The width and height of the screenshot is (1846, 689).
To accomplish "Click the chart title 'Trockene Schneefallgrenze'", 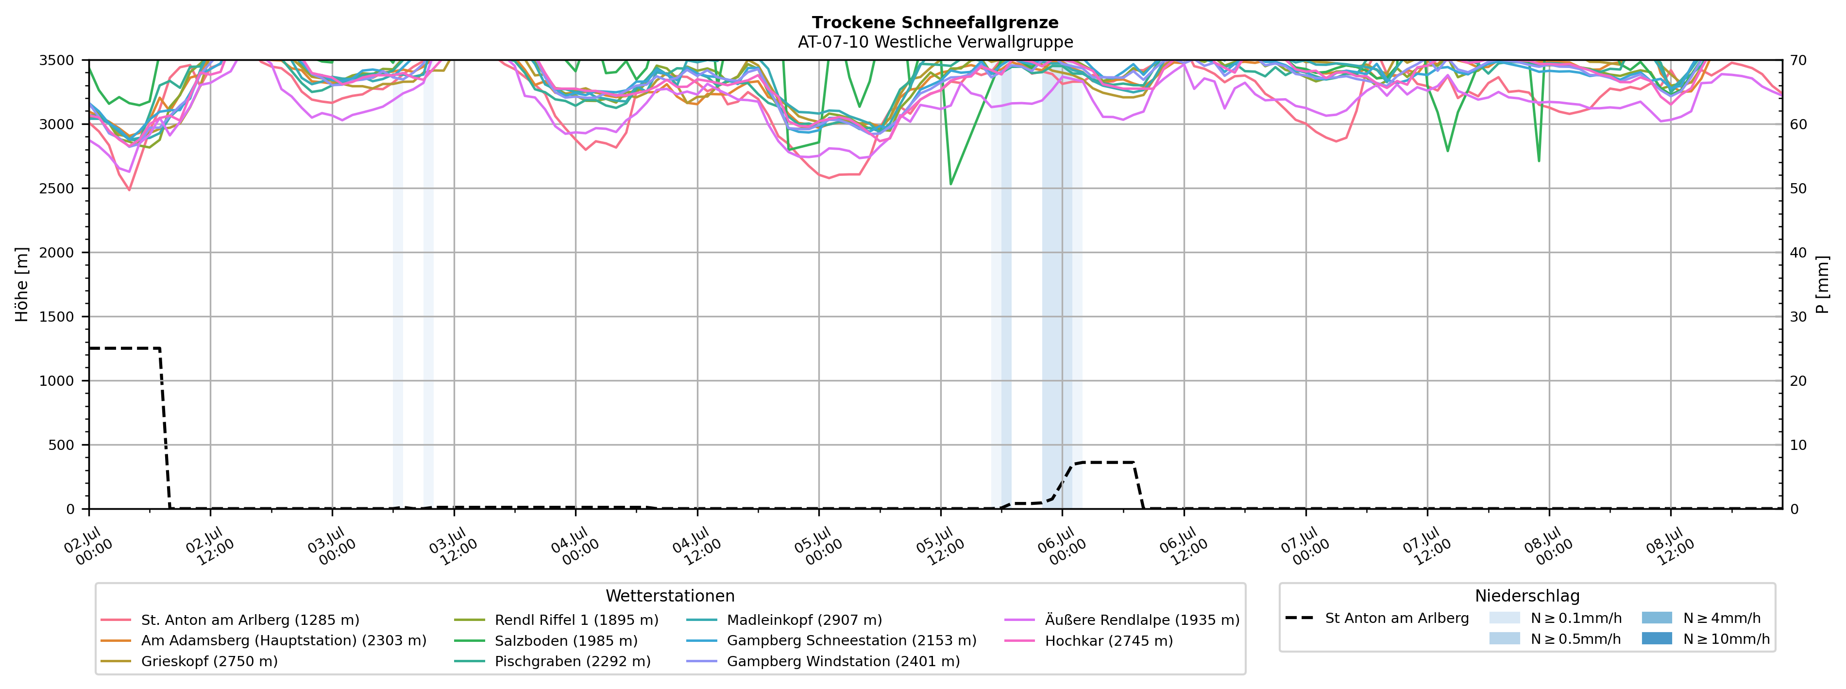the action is (x=935, y=22).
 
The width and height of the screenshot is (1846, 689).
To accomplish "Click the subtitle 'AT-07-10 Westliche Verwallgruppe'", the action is (x=935, y=42).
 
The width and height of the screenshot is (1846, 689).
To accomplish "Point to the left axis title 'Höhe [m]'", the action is (x=21, y=285).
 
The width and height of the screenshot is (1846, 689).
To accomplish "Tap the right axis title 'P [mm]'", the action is (x=1822, y=285).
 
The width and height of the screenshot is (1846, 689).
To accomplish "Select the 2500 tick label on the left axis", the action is (x=57, y=189).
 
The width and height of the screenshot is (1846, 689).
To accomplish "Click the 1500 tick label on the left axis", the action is (x=57, y=317).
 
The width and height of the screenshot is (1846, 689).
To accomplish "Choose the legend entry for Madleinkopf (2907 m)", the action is (x=784, y=620).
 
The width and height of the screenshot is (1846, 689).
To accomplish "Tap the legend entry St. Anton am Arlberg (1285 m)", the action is (x=230, y=620).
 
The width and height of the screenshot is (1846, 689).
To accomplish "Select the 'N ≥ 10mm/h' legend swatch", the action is (x=1657, y=638).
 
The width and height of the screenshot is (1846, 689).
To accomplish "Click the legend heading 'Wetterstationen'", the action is (x=670, y=596).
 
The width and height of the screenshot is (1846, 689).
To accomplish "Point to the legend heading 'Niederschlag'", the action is (x=1527, y=596).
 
